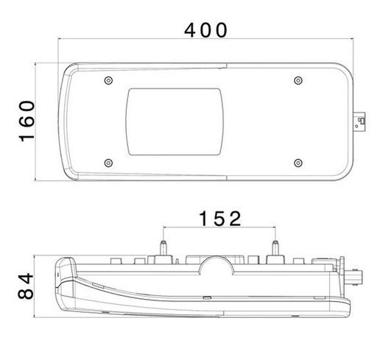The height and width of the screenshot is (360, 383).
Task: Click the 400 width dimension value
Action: (x=205, y=30)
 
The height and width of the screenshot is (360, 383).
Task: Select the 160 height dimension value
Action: (x=27, y=121)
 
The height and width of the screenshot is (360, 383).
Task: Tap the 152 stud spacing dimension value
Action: (x=220, y=219)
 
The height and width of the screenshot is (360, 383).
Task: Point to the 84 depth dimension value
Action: (x=26, y=286)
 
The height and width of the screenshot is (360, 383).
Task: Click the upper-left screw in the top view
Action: (x=108, y=80)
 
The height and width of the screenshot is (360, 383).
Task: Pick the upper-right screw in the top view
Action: (x=298, y=80)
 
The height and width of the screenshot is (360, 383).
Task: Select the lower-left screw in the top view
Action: (x=108, y=163)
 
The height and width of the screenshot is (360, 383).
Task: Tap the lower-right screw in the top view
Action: (x=298, y=163)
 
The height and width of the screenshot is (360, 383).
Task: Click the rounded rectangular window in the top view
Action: (x=175, y=121)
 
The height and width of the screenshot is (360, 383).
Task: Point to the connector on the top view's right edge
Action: (x=359, y=122)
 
